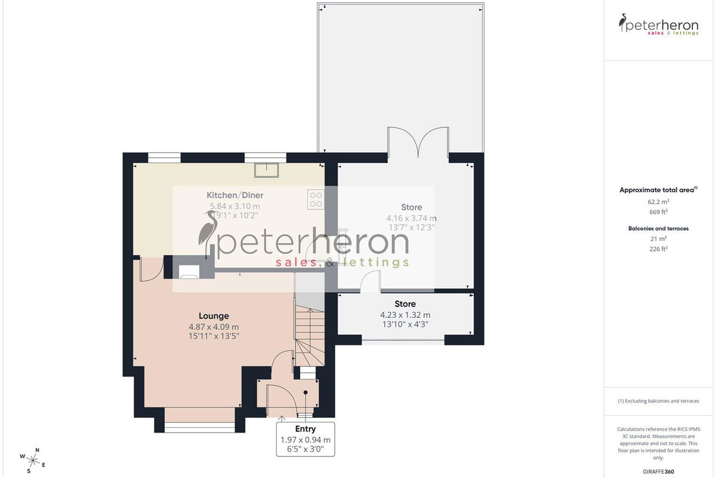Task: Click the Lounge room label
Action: [214, 316]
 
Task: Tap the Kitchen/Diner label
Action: [235, 195]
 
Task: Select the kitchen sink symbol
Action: [267, 170]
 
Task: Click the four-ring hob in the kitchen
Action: [316, 200]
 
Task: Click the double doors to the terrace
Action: [418, 142]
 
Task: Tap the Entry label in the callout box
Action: [305, 428]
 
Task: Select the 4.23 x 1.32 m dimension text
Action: [405, 315]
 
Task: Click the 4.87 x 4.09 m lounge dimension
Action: [214, 327]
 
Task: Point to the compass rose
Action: [33, 461]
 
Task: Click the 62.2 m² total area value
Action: [658, 202]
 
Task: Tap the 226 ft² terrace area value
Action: [658, 249]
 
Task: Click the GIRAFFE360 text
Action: [658, 471]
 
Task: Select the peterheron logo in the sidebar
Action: [658, 24]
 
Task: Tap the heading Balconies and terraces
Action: [658, 229]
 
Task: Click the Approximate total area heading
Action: [656, 190]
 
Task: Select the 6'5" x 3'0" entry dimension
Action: [305, 449]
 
